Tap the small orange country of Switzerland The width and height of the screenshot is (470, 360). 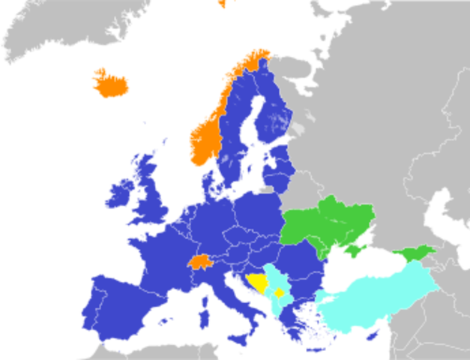pos(199,262)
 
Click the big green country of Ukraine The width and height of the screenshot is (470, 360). pos(330,221)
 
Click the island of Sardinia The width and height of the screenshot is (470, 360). pos(203,308)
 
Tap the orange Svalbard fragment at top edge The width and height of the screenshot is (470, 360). pos(223,3)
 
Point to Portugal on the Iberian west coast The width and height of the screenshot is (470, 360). pos(94,304)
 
